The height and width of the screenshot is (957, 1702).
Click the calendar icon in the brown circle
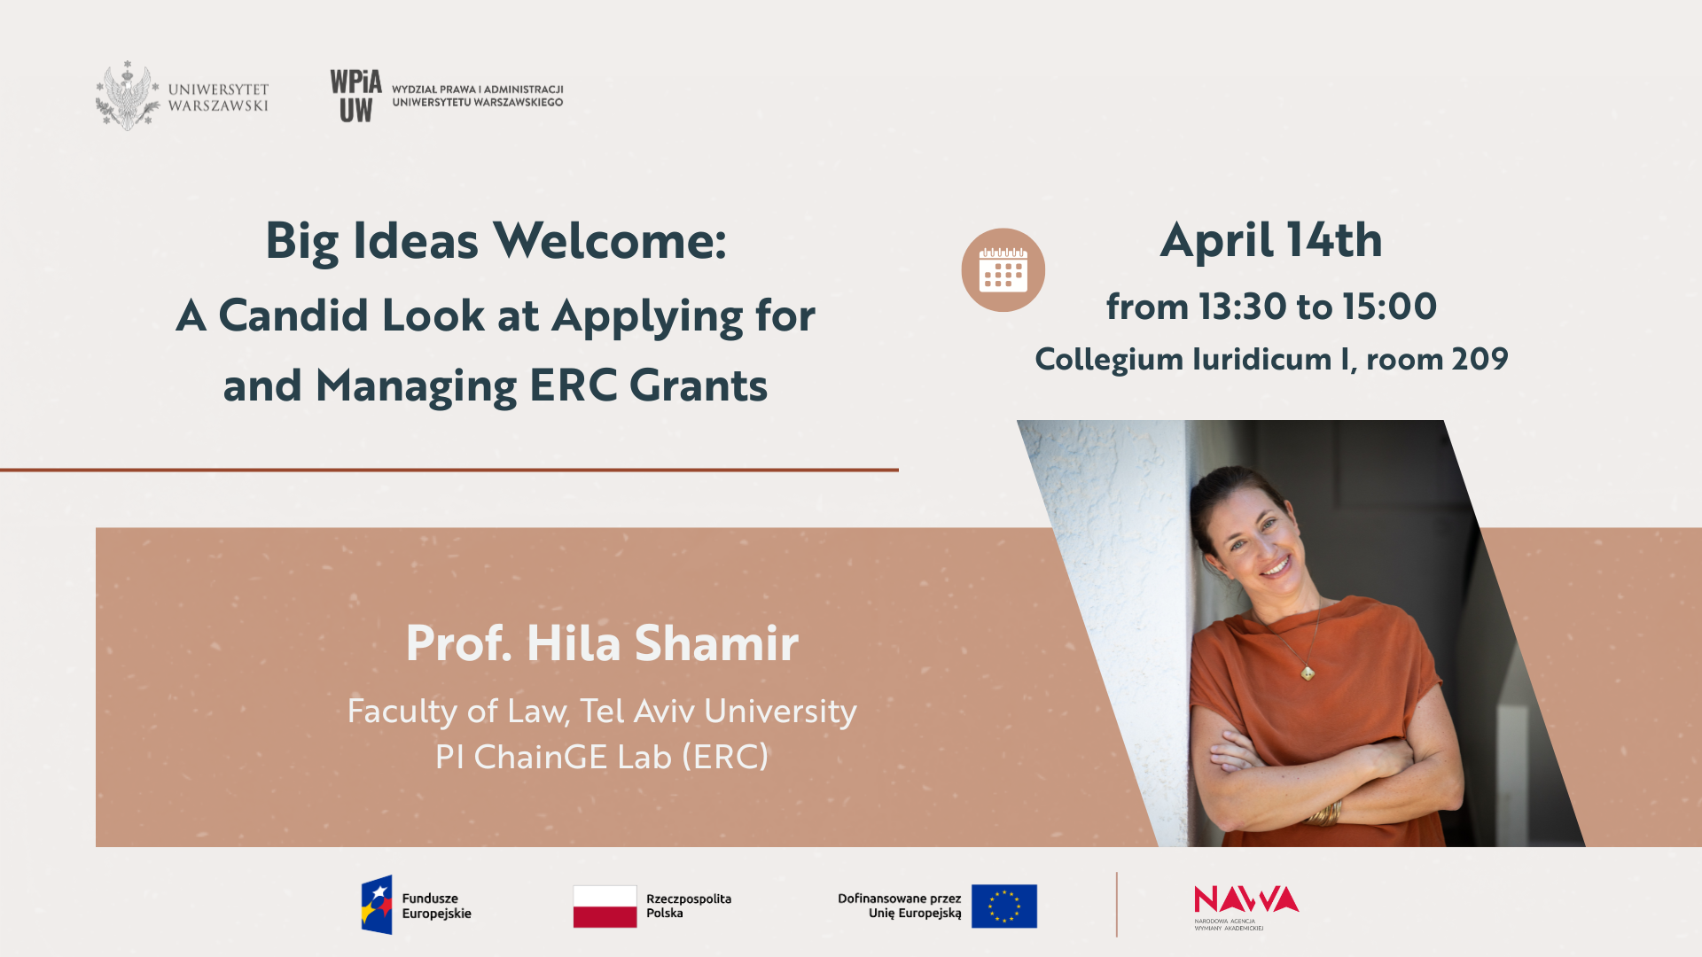pyautogui.click(x=1003, y=269)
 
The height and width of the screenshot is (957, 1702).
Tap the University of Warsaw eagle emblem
pyautogui.click(x=128, y=96)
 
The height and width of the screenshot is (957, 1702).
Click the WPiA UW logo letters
pyautogui.click(x=355, y=96)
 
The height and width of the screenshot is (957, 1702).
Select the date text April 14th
pyautogui.click(x=1271, y=240)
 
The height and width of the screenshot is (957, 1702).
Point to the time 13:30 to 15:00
pyautogui.click(x=1317, y=307)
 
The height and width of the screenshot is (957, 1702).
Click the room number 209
pyautogui.click(x=1480, y=359)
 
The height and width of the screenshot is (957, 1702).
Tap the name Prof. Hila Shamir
pyautogui.click(x=602, y=643)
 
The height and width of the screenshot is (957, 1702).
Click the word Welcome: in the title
pyautogui.click(x=610, y=240)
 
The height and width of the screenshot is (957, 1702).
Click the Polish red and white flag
pyautogui.click(x=605, y=906)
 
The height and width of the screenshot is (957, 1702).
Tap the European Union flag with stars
pyautogui.click(x=1003, y=906)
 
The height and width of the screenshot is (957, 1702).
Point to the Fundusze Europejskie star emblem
pyautogui.click(x=377, y=905)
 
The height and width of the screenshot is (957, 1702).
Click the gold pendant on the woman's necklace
pyautogui.click(x=1308, y=673)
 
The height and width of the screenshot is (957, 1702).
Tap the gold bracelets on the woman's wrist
pyautogui.click(x=1326, y=813)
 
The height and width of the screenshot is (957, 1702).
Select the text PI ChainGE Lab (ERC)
pyautogui.click(x=602, y=757)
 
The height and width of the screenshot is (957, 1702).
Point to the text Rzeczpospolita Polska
pyautogui.click(x=689, y=906)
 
